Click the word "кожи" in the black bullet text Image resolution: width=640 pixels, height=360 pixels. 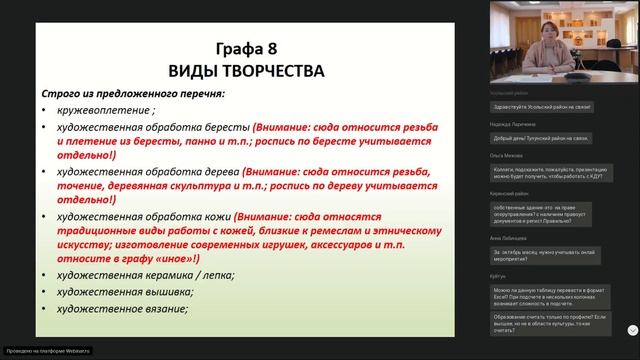click(x=216, y=216)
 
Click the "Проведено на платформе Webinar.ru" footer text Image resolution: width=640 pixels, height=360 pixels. click(x=48, y=351)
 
